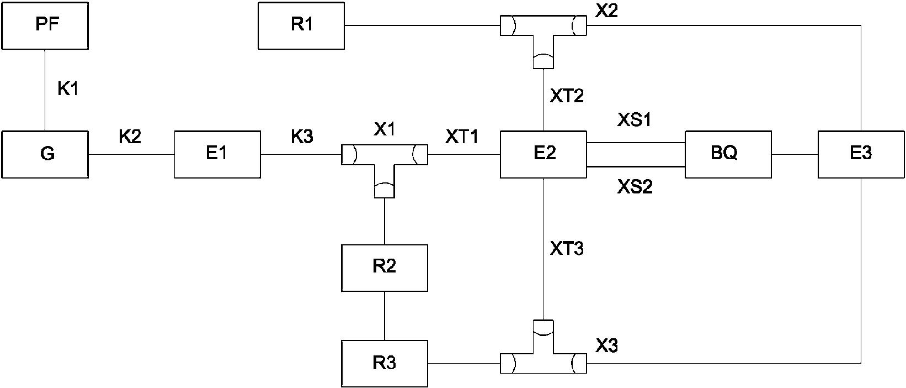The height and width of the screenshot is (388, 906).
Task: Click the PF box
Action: [45, 26]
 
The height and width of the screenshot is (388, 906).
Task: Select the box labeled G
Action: [45, 154]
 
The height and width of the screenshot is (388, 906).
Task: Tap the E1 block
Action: [217, 154]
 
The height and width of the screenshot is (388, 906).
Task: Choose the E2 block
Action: [543, 154]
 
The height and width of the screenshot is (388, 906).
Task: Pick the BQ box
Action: [728, 154]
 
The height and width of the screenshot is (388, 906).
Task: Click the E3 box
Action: [861, 154]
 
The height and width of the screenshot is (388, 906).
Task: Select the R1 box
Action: [301, 26]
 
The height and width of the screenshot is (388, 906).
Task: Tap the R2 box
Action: [384, 268]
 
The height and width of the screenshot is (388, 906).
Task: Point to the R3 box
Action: [384, 363]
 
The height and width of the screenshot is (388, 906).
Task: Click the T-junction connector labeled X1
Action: [384, 155]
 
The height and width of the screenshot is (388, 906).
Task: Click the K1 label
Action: [68, 88]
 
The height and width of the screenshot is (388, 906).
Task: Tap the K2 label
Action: [130, 137]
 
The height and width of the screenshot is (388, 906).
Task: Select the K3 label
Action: [302, 137]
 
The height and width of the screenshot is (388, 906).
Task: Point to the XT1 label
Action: [462, 137]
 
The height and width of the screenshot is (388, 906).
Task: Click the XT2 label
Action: [567, 96]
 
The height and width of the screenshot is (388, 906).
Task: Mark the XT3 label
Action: [567, 248]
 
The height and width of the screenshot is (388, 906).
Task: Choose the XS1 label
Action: [635, 119]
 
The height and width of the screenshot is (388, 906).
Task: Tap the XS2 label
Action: [635, 187]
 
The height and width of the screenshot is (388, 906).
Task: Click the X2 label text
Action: [607, 11]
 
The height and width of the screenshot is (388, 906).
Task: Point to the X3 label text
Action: [607, 346]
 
